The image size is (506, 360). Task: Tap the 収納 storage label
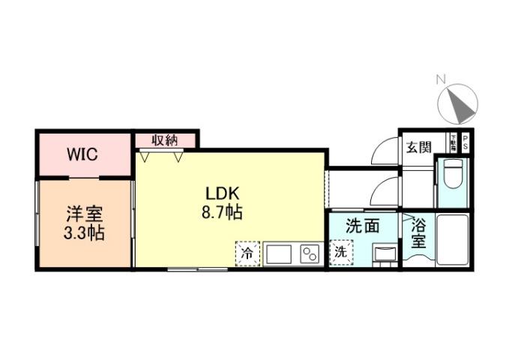(x=166, y=139)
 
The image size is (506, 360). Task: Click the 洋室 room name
(x=83, y=214)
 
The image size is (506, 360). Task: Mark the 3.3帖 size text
(x=83, y=233)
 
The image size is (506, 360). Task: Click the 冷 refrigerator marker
(x=246, y=253)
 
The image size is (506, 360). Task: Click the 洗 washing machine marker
(x=340, y=253)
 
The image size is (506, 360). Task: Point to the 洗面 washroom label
(x=361, y=226)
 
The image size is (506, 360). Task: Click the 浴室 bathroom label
(x=419, y=232)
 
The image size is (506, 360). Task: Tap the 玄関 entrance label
(x=418, y=147)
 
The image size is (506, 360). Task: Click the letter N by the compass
(x=442, y=79)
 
